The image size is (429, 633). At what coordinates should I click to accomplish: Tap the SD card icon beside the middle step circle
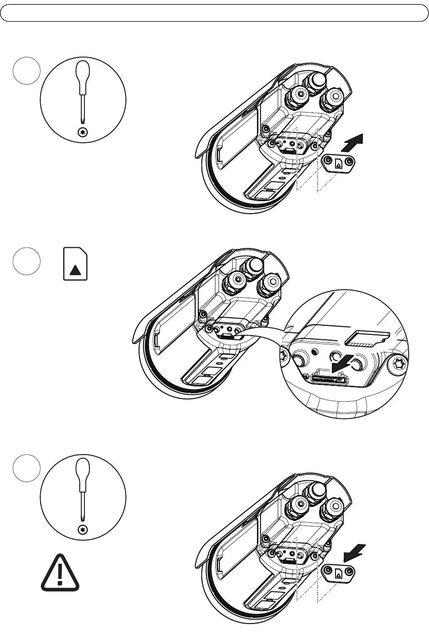(x=75, y=263)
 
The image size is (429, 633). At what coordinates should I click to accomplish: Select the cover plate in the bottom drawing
(x=339, y=573)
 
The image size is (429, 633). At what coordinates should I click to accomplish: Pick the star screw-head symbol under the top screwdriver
(x=82, y=132)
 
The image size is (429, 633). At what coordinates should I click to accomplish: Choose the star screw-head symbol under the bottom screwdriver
(x=82, y=530)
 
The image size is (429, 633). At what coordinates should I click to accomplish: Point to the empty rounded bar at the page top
(x=214, y=13)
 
